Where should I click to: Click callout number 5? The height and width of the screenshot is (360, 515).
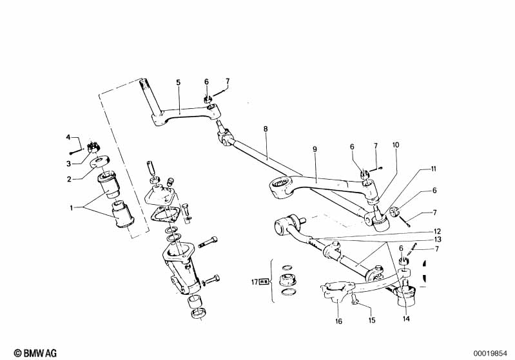point(178,82)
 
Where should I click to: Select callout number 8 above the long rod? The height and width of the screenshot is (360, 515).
point(266,129)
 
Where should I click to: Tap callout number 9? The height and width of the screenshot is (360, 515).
point(315,149)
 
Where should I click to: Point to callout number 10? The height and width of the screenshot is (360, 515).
point(396,145)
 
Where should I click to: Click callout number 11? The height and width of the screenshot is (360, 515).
point(434,169)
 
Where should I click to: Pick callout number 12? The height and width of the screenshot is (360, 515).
point(438,231)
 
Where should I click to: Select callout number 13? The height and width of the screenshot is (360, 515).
point(438,240)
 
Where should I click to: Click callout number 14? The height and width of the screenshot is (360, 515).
point(406,318)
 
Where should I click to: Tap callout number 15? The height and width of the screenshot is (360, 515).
point(371,320)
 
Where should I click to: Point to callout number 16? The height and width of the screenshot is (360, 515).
point(338,321)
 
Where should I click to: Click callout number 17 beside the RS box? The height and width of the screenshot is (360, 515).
point(255,281)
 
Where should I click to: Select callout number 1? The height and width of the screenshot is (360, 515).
point(71,207)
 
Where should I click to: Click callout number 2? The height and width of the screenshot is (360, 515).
point(69,179)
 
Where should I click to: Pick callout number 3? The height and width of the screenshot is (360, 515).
point(68,163)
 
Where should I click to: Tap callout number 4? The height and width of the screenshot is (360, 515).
point(68,137)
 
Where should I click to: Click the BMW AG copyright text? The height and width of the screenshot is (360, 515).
point(35,353)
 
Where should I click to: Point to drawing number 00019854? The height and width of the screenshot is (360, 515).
point(490,354)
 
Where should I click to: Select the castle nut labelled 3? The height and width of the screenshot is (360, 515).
point(92,147)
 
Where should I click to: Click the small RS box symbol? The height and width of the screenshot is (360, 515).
point(264,281)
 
